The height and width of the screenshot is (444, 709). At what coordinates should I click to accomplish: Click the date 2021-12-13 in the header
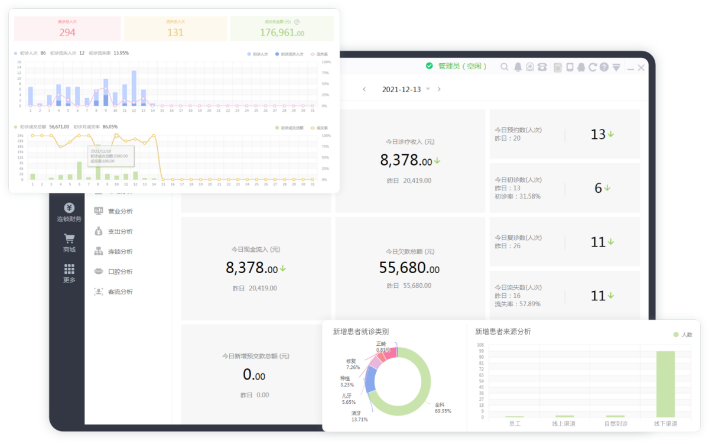(x=401, y=89)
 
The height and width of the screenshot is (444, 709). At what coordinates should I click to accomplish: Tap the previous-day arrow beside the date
(x=365, y=89)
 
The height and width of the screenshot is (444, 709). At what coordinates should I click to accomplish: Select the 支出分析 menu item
(x=120, y=232)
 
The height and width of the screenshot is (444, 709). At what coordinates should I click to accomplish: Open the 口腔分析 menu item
(x=120, y=272)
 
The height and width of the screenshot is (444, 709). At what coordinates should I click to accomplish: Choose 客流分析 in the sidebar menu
(x=120, y=292)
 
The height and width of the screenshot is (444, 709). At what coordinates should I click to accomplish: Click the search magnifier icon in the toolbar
(x=504, y=67)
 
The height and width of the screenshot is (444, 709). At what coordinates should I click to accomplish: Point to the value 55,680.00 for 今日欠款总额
(x=409, y=268)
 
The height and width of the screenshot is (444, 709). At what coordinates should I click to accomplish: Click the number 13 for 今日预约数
(x=598, y=135)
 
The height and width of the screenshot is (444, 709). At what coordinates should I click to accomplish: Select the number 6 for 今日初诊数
(x=598, y=188)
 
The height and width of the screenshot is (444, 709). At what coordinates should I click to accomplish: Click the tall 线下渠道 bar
(x=665, y=384)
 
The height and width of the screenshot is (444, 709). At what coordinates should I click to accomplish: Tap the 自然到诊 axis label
(x=615, y=424)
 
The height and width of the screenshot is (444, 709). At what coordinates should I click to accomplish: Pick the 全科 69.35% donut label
(x=443, y=407)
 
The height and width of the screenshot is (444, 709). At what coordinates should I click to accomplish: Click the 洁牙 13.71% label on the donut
(x=359, y=416)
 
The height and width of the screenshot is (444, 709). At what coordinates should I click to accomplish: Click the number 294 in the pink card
(x=67, y=33)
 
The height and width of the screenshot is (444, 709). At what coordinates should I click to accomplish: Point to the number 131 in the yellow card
(x=175, y=33)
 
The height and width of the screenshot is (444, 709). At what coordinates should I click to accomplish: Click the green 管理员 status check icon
(x=429, y=66)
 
